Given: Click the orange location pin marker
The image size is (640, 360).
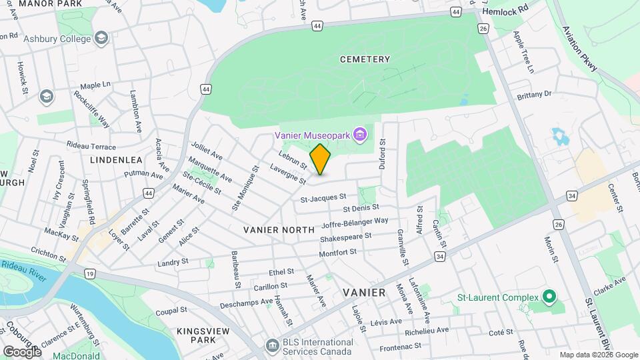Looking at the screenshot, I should pos(320,159).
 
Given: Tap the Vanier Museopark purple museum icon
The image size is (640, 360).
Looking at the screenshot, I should pos(360,135).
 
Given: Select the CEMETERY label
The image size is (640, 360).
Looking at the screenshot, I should pos(365,59).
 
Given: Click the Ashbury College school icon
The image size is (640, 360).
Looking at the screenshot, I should pos(101,38).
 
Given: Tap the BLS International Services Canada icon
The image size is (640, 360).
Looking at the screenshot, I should pos(272,346).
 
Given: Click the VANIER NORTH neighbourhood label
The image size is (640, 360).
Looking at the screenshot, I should pos(279,229).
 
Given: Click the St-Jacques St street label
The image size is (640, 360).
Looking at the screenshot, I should pos(323,197).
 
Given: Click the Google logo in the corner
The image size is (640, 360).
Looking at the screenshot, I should pos(22,351).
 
